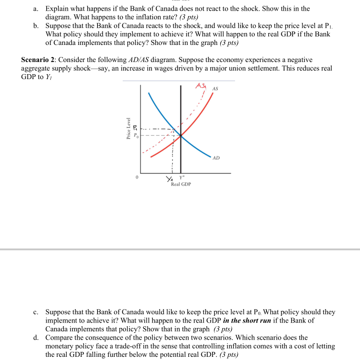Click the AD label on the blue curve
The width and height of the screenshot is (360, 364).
click(x=216, y=158)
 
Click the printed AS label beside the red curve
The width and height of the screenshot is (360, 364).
click(x=215, y=89)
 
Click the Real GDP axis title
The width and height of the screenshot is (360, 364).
click(x=181, y=184)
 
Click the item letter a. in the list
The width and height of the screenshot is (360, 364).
click(x=36, y=9)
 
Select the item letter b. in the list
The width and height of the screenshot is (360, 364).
click(x=36, y=26)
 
